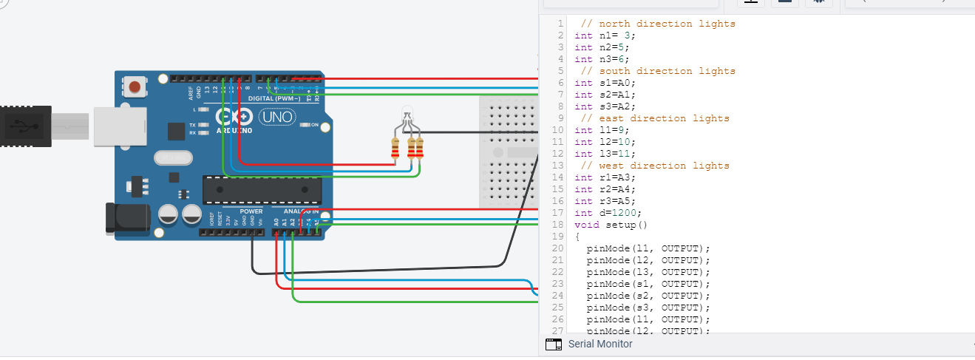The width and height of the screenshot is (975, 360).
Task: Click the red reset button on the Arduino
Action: tap(135, 87)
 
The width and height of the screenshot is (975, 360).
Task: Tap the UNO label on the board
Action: tap(276, 116)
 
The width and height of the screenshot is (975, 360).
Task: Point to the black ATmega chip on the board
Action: tap(262, 189)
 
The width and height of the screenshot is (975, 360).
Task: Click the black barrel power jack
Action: tap(126, 219)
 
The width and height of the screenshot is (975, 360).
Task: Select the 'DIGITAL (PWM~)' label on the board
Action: tap(274, 98)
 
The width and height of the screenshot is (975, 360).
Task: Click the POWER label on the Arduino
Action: tap(251, 211)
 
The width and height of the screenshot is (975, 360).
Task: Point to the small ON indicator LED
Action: tap(305, 125)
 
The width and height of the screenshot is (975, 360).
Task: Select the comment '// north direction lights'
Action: tap(658, 24)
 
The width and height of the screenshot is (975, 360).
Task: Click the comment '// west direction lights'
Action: tap(655, 166)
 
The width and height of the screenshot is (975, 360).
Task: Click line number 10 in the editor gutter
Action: tap(559, 130)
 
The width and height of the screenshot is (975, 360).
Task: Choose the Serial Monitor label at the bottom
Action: tap(599, 344)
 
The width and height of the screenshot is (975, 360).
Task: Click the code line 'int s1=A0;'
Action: tap(605, 83)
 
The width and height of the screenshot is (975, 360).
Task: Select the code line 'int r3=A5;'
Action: tap(605, 201)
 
